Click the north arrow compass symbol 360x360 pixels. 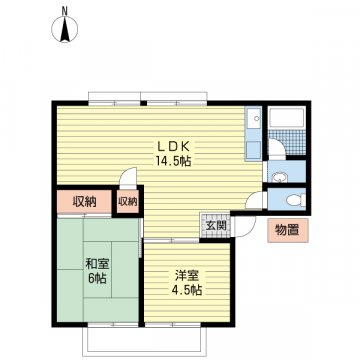64,30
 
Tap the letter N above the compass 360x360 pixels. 65,11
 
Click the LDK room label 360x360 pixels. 173,146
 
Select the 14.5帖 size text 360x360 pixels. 172,162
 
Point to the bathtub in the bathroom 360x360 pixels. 287,117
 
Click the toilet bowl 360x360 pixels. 295,200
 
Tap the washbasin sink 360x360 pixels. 278,177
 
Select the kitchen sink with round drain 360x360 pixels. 254,118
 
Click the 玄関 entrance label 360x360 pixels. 215,226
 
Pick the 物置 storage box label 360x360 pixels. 287,230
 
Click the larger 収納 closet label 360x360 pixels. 85,202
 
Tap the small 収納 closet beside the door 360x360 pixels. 128,201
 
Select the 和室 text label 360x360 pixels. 96,264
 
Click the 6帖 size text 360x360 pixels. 97,278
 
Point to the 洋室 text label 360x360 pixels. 187,276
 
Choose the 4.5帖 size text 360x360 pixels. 187,290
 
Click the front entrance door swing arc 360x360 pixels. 250,230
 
